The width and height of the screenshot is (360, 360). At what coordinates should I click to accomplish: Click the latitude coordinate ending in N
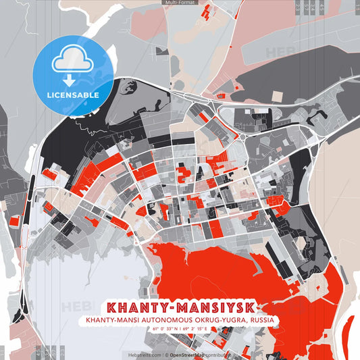point(164,329)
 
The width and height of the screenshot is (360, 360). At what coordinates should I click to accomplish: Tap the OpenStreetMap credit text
point(188,354)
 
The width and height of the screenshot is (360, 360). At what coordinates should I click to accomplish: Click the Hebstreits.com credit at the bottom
point(144,354)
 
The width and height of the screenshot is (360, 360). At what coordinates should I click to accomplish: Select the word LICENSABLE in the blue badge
point(73,95)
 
